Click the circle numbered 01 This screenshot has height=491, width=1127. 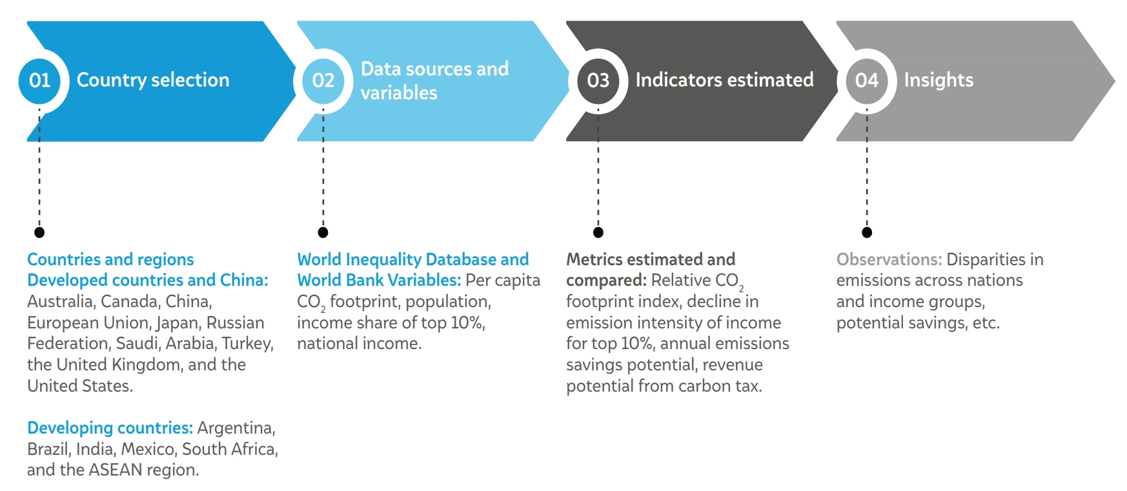39,81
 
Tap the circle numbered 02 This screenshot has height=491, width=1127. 323,81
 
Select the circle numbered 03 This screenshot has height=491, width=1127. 598,81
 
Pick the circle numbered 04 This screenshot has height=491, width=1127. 867,81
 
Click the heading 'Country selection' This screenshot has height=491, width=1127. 153,80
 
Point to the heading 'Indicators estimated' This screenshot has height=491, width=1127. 725,80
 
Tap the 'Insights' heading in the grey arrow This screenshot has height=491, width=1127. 939,80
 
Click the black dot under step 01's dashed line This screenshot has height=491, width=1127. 39,232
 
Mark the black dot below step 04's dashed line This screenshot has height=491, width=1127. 867,232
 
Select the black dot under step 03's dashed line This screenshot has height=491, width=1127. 598,232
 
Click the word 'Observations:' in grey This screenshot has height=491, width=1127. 889,259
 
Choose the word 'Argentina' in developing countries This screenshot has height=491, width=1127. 236,428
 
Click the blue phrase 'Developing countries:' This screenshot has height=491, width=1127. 110,428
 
